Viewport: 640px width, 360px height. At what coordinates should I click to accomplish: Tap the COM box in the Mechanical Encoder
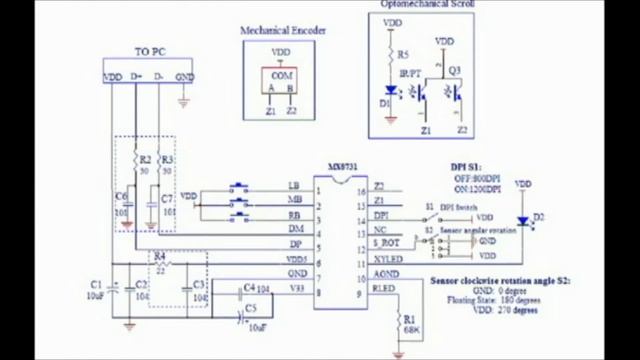[x=282, y=75]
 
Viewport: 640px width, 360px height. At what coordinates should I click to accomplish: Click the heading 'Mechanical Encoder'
[x=283, y=31]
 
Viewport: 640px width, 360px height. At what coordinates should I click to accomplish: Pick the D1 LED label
[x=386, y=103]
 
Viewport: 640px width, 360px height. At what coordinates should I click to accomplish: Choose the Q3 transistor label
[x=455, y=70]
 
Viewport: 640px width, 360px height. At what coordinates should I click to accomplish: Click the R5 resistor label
[x=402, y=54]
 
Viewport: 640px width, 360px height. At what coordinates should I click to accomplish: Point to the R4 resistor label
[x=160, y=256]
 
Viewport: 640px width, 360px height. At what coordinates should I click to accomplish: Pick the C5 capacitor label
[x=251, y=311]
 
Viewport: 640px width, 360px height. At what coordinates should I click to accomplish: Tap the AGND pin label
[x=383, y=273]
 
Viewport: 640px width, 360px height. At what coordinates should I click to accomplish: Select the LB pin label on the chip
[x=293, y=186]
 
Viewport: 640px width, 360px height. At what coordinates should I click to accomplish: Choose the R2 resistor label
[x=145, y=159]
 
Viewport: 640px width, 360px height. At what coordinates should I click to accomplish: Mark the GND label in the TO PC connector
[x=184, y=77]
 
